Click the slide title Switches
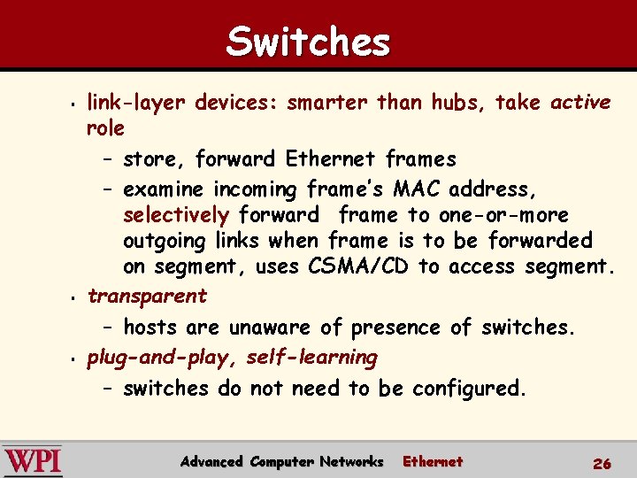click(308, 42)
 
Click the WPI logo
click(33, 461)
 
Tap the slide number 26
click(602, 463)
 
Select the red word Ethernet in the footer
click(433, 461)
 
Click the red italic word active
click(580, 103)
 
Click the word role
click(105, 128)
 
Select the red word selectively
click(176, 215)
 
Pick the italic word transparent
click(147, 296)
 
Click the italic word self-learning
click(311, 358)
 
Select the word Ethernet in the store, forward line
click(332, 159)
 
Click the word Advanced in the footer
click(212, 461)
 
